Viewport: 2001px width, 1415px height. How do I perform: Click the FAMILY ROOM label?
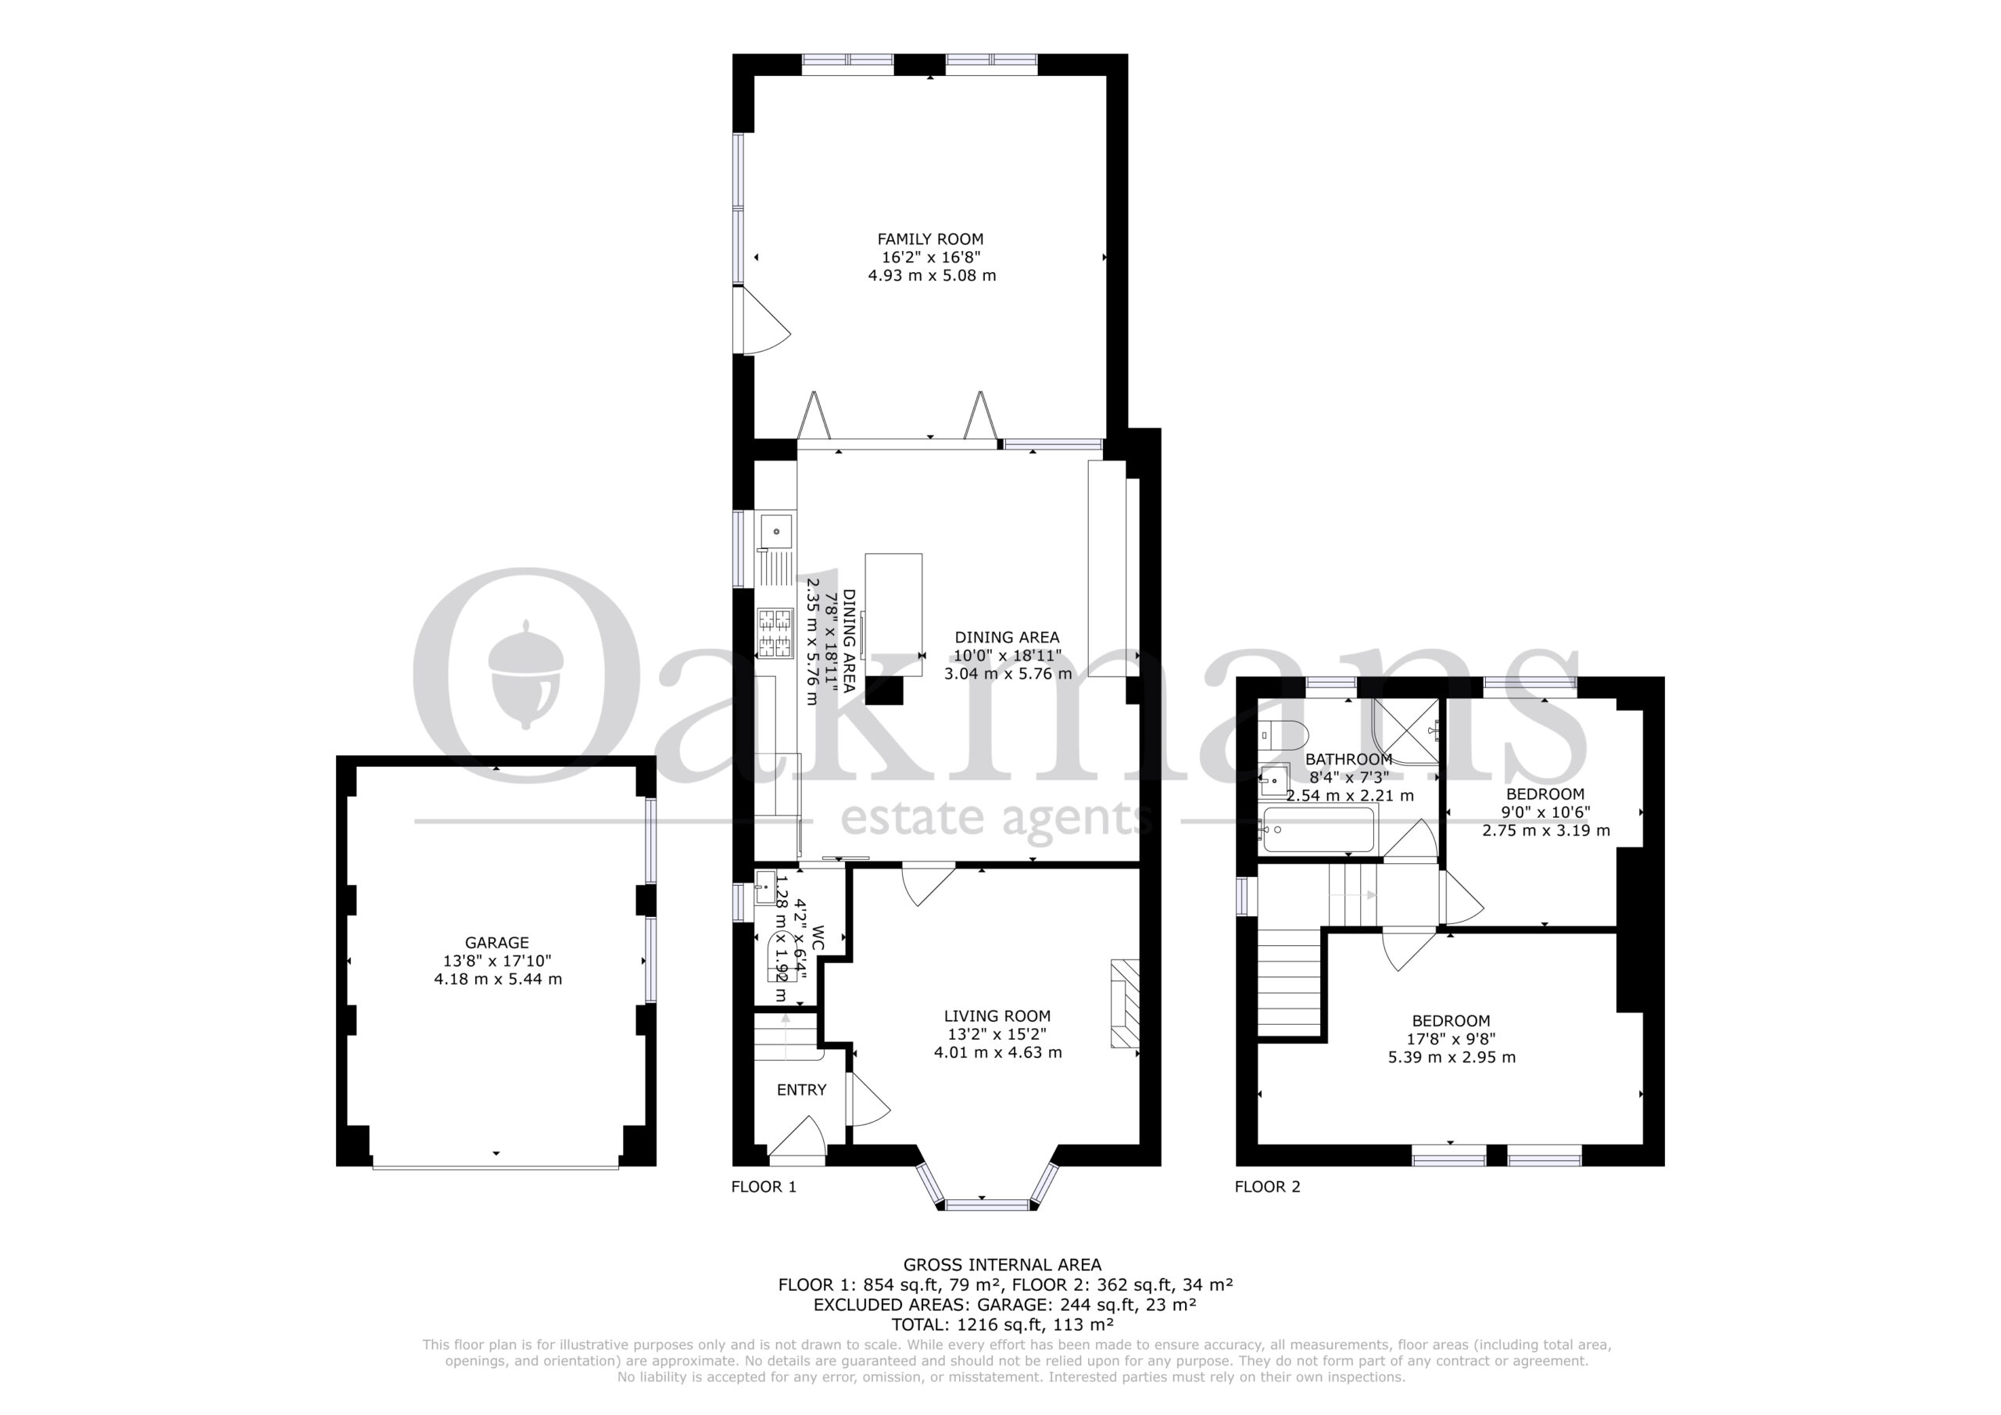pyautogui.click(x=930, y=239)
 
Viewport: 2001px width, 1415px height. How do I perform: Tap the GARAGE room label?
pyautogui.click(x=497, y=943)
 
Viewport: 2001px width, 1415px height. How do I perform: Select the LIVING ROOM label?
pyautogui.click(x=997, y=1016)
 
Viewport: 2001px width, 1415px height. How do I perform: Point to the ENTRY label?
pyautogui.click(x=802, y=1090)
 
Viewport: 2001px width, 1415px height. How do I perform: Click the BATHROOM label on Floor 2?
pyautogui.click(x=1348, y=759)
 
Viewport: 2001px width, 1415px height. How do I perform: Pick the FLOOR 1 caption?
pyautogui.click(x=764, y=1187)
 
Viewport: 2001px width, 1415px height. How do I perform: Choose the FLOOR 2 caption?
pyautogui.click(x=1267, y=1187)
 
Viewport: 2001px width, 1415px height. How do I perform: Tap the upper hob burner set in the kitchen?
pyautogui.click(x=775, y=620)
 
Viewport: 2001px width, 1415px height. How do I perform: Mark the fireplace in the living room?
pyautogui.click(x=1124, y=1004)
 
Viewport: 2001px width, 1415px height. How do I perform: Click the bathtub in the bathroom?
pyautogui.click(x=1318, y=830)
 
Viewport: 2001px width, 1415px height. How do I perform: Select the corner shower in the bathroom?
pyautogui.click(x=1405, y=731)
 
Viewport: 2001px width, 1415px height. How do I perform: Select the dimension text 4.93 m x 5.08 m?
pyautogui.click(x=932, y=275)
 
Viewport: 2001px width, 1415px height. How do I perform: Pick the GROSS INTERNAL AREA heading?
pyautogui.click(x=1002, y=1265)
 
